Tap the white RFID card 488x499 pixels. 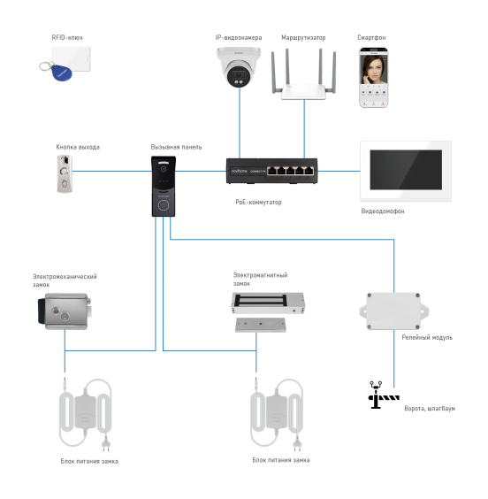tap(70, 60)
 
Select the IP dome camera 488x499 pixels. tap(239, 68)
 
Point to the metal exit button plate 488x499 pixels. tap(65, 173)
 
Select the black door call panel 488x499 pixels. tap(163, 188)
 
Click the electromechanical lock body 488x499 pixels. tap(66, 312)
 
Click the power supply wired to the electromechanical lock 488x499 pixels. tap(85, 415)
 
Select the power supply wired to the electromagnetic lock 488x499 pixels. tap(278, 415)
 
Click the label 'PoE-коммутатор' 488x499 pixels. tap(257, 202)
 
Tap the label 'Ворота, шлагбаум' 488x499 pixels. tap(430, 409)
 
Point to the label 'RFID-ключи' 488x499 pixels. tap(67, 38)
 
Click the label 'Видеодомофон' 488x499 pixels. tap(383, 211)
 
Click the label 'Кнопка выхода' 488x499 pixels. tap(77, 147)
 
